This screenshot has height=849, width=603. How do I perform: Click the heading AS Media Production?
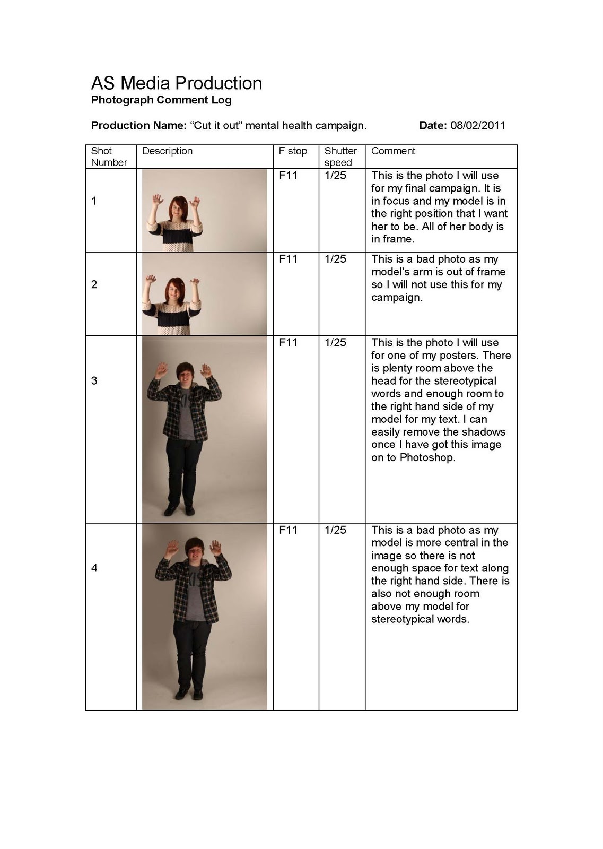177,83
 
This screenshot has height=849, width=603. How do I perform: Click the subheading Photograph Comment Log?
161,100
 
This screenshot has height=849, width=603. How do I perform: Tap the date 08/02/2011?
478,125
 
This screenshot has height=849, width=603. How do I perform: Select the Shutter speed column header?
340,157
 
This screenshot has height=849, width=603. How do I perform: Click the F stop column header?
293,151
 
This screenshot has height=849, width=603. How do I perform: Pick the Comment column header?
393,151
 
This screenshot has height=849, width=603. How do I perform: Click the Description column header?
167,151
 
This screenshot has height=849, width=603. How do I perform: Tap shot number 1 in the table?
94,201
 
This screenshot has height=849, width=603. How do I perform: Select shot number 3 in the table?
94,380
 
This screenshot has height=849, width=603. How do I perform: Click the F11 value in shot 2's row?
288,259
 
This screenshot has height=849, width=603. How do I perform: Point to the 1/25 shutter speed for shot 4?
335,530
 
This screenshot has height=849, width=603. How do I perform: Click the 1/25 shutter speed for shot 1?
335,176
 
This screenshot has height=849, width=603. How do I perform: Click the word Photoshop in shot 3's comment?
427,457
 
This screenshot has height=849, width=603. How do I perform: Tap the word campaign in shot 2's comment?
397,298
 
